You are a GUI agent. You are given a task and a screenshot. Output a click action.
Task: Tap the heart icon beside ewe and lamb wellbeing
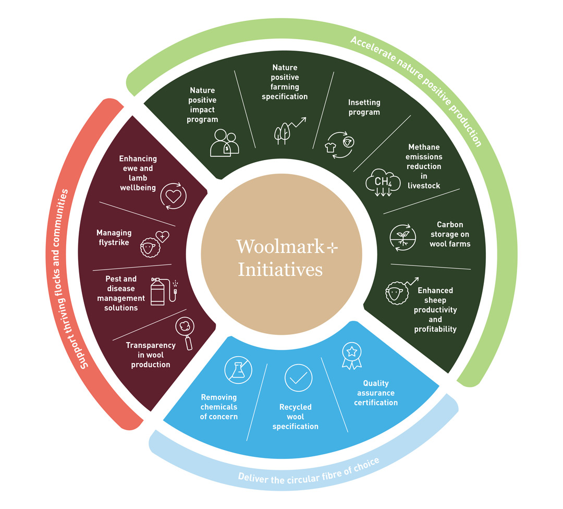(173, 196)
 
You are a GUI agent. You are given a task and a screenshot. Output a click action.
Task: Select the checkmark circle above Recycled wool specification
(298, 378)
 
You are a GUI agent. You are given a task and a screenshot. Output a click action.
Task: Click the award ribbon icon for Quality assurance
(351, 356)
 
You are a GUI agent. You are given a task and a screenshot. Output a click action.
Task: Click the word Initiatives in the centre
(280, 270)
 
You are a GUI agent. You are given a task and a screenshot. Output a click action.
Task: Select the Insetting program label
(364, 107)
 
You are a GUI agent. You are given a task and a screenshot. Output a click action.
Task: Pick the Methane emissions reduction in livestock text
(424, 166)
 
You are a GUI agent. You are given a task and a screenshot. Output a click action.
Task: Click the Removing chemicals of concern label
(218, 407)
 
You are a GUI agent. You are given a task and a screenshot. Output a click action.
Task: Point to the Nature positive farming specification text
(285, 82)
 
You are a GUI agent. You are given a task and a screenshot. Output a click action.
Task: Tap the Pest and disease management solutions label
(121, 294)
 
